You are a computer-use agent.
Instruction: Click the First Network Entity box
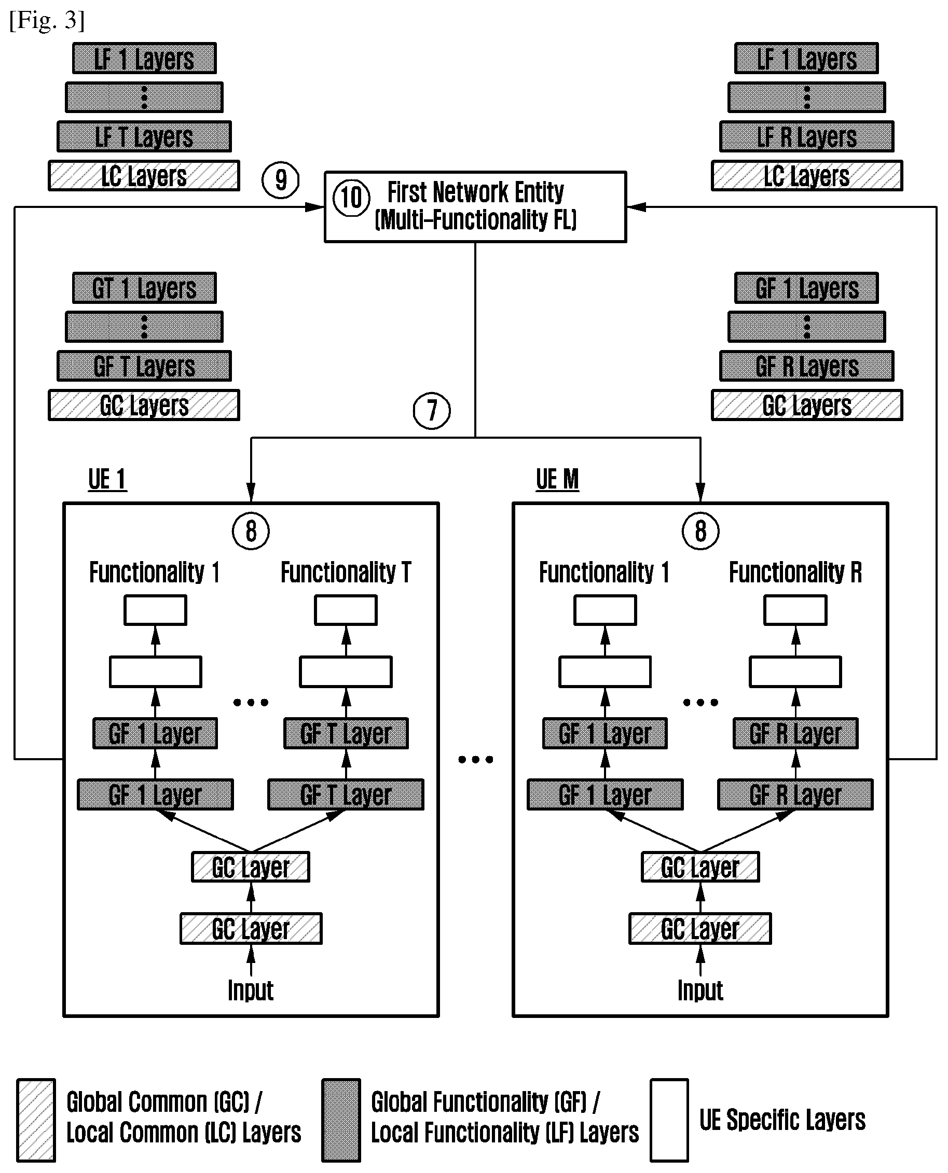(x=475, y=207)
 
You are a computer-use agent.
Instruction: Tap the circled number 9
(x=281, y=180)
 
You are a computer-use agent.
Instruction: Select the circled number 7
(x=432, y=411)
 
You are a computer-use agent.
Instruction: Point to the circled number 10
(x=352, y=198)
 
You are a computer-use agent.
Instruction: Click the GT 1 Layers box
(x=144, y=288)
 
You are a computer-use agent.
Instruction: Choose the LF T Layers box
(x=144, y=136)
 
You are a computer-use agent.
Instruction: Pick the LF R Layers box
(x=806, y=136)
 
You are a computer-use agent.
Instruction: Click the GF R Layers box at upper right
(x=806, y=366)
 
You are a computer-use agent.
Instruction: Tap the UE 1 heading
(x=107, y=480)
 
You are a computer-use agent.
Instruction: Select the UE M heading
(x=557, y=480)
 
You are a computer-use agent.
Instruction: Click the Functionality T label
(x=346, y=572)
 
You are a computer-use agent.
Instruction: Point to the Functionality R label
(x=795, y=572)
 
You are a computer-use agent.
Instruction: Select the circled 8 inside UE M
(x=700, y=531)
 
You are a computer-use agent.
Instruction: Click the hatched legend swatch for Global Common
(x=36, y=1120)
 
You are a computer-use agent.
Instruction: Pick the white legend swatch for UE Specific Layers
(x=669, y=1120)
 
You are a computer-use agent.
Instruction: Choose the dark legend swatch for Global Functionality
(x=341, y=1120)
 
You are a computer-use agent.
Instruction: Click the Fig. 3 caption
(x=47, y=20)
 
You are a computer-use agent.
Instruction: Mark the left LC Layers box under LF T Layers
(x=144, y=176)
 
